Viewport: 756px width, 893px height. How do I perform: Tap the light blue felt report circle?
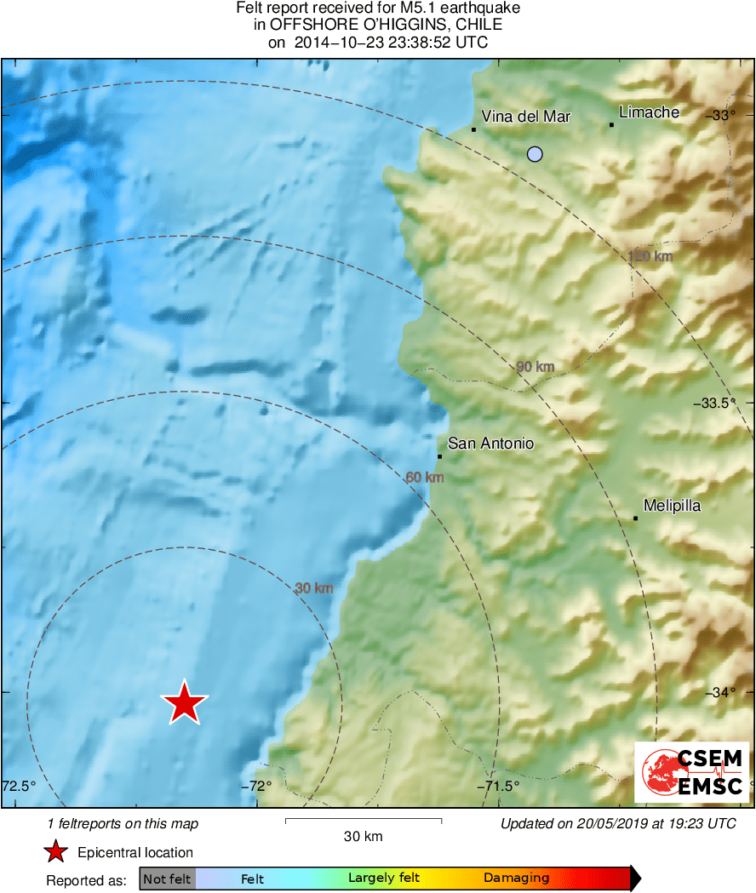(x=535, y=154)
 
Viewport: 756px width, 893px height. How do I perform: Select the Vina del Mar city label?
(x=525, y=117)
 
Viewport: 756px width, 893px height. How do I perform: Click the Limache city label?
(x=649, y=112)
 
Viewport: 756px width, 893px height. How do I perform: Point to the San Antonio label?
(x=490, y=444)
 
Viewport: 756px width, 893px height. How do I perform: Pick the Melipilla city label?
(x=672, y=506)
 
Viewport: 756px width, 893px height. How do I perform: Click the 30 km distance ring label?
(x=313, y=588)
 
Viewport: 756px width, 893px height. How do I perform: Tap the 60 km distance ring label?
(x=425, y=478)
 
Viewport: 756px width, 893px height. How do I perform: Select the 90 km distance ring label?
(x=535, y=367)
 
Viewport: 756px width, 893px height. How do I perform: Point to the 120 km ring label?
(x=650, y=256)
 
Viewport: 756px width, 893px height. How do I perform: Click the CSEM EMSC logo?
(x=691, y=772)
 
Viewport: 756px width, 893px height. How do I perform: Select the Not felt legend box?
(x=167, y=879)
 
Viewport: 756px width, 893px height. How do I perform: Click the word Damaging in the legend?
(x=516, y=879)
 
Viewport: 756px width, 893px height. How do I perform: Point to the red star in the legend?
(x=56, y=852)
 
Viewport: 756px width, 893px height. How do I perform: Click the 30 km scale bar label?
(x=363, y=836)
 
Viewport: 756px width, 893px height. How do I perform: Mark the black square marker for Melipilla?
(x=635, y=518)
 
